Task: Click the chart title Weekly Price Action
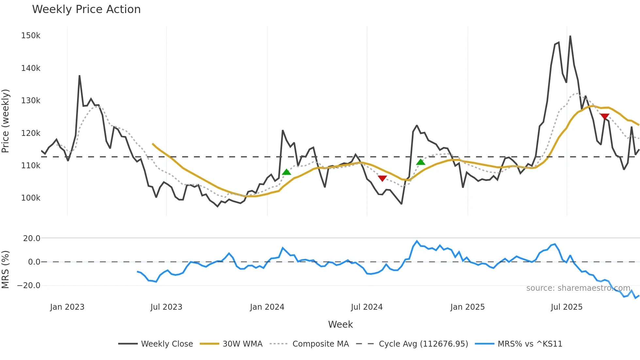pos(86,9)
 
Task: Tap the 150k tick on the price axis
pos(31,36)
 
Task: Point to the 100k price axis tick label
pos(31,198)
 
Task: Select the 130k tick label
pos(31,101)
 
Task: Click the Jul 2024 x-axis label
pos(367,307)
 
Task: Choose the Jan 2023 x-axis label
pos(67,307)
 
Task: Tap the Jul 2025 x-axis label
pos(567,307)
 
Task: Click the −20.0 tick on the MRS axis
pos(28,286)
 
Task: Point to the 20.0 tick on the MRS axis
pos(32,238)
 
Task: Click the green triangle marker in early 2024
pos(286,172)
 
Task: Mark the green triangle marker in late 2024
pos(421,162)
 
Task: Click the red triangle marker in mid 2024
pos(382,178)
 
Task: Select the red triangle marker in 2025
pos(605,117)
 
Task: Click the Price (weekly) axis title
pos(6,121)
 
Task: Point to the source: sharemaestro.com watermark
pos(578,288)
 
